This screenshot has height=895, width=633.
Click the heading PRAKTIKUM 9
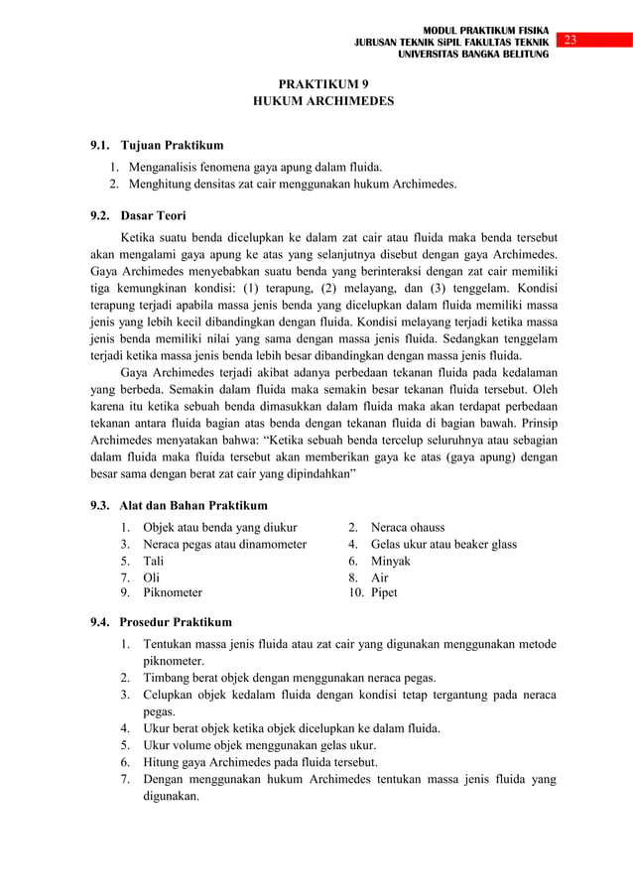tap(316, 84)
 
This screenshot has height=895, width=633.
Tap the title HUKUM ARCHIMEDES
tap(316, 101)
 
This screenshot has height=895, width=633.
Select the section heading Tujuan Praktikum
tap(172, 146)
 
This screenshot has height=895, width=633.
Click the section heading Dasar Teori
tap(153, 214)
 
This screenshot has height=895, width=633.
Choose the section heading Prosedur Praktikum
tap(176, 622)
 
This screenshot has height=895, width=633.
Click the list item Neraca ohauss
tap(408, 526)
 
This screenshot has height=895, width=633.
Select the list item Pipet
tap(384, 592)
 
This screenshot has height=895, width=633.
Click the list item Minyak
tap(391, 560)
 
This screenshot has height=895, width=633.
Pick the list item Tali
tap(154, 560)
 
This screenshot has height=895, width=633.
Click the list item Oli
tap(151, 576)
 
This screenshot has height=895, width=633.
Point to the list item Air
tap(380, 576)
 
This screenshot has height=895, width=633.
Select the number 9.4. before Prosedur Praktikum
tap(102, 622)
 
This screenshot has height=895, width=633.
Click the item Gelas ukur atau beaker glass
tap(443, 544)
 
